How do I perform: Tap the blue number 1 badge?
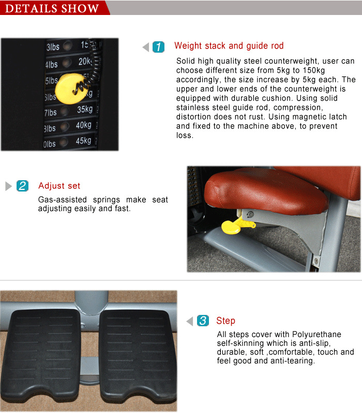[x=159, y=47]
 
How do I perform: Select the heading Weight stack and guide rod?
[x=229, y=46]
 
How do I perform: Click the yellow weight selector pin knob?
[x=71, y=86]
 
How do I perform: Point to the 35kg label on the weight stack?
[x=84, y=109]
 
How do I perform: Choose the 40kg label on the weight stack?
[x=84, y=125]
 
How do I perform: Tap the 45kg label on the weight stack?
[x=84, y=141]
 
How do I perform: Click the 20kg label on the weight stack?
[x=85, y=62]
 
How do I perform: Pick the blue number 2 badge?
[x=22, y=186]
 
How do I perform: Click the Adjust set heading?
[x=59, y=186]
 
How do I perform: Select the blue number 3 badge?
[x=203, y=321]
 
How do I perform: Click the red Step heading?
[x=225, y=321]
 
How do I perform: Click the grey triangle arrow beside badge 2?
[x=8, y=186]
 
